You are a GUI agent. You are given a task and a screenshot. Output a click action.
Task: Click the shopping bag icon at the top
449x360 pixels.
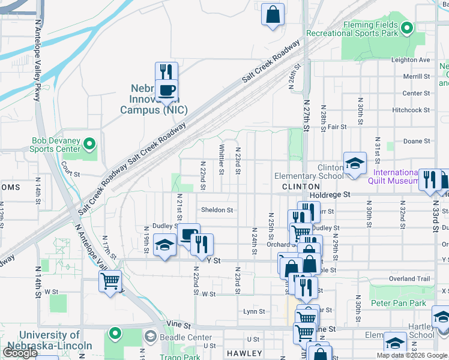click(x=273, y=14)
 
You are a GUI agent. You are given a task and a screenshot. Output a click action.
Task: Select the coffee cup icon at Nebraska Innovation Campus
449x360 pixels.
click(x=166, y=91)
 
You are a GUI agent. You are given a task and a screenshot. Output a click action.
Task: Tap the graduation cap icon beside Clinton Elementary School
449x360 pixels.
click(x=355, y=163)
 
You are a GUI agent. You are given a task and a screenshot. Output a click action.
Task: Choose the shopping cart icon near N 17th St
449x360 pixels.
click(x=110, y=281)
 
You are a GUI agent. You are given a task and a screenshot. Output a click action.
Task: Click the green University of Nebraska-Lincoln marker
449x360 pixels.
click(x=114, y=332)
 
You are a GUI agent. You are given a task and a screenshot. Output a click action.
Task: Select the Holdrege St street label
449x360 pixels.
click(x=330, y=195)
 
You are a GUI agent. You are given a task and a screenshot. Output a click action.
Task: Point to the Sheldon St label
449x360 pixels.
click(x=216, y=210)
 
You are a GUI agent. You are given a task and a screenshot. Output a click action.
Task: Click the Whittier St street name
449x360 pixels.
click(x=221, y=160)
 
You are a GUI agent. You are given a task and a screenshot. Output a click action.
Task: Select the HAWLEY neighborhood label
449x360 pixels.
click(x=244, y=353)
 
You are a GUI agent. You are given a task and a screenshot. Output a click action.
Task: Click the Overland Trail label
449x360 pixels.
click(x=410, y=279)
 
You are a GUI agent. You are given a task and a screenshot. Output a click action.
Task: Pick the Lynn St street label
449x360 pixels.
click(x=254, y=311)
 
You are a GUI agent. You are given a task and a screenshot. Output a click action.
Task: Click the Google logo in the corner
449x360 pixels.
click(x=19, y=353)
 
